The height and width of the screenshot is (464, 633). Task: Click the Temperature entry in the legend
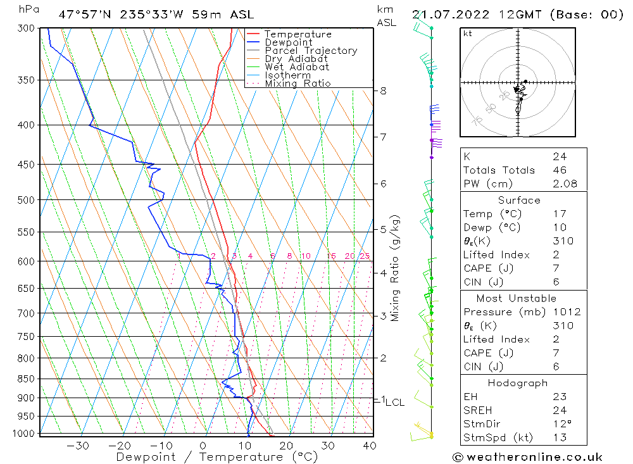298,34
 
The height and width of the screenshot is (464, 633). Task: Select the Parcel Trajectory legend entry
310,51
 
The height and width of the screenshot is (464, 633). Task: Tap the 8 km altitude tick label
383,91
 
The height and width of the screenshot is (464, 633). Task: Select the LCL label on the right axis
395,402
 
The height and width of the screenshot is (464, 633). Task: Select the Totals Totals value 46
560,170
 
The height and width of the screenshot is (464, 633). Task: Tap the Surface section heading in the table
519,200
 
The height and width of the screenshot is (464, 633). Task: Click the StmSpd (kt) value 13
560,437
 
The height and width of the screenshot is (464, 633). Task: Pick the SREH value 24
560,410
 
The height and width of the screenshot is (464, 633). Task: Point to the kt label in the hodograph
468,34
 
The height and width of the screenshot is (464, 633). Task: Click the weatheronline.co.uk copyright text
527,457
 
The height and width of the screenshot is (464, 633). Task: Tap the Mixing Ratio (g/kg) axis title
396,268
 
